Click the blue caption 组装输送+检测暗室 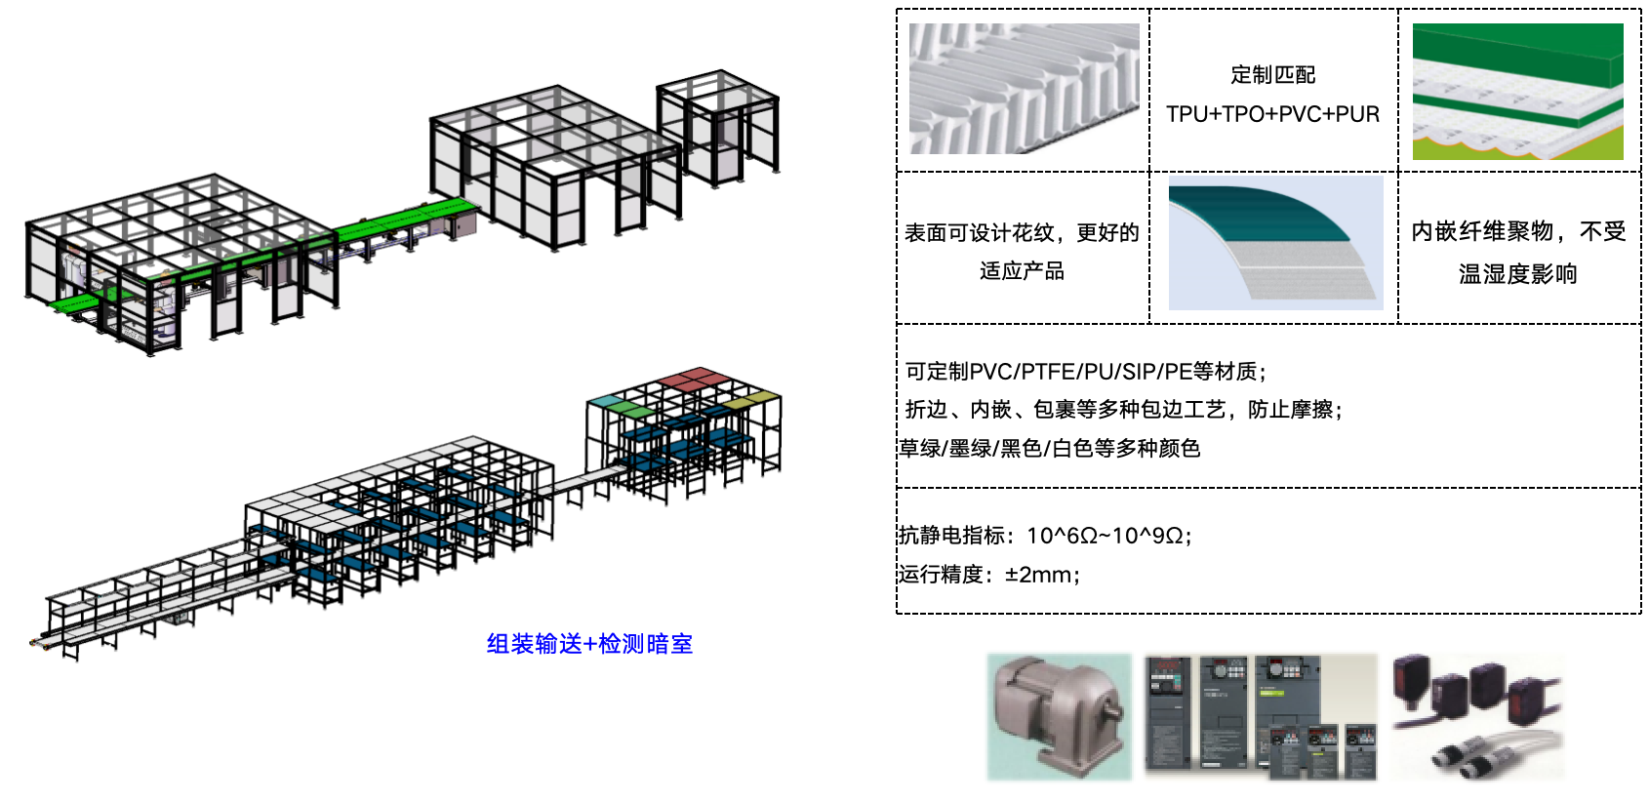tap(589, 644)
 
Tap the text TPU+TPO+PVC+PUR tap(1272, 114)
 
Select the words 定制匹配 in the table tap(1272, 74)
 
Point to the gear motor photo tap(1059, 716)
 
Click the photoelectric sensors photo tap(1478, 716)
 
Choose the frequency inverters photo tap(1261, 716)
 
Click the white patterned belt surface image tap(1024, 88)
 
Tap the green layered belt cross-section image tap(1518, 92)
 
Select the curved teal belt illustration tap(1275, 243)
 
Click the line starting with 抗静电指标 tap(1045, 535)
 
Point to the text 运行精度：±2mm tap(988, 574)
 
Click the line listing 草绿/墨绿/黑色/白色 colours tap(1049, 448)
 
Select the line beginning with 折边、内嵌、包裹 tap(1124, 409)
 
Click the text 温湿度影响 tap(1518, 274)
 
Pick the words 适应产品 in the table tap(1022, 271)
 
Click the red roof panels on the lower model tap(695, 380)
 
